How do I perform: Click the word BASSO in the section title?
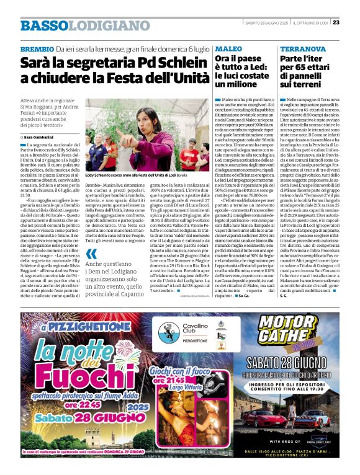click(43, 26)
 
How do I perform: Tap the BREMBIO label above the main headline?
click(37, 48)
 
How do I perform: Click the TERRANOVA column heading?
click(304, 48)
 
